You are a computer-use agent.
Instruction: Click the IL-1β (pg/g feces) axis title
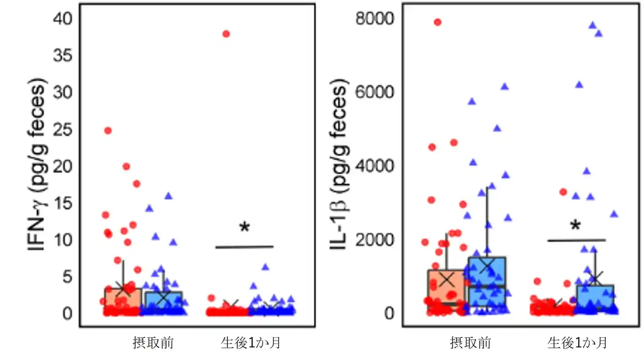tap(341, 166)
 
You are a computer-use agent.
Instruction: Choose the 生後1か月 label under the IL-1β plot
tap(577, 343)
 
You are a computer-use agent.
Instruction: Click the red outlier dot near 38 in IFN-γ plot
tap(226, 34)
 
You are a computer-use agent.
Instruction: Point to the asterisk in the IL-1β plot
tap(576, 226)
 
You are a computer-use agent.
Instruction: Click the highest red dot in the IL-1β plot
tap(438, 22)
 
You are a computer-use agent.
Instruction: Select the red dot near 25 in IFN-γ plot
tap(108, 130)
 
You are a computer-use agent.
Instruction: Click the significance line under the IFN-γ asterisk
tap(245, 247)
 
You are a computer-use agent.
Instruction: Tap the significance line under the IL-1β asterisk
tap(576, 240)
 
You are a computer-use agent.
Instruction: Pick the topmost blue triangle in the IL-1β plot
tap(593, 25)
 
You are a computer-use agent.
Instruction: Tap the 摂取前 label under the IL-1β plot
tap(470, 343)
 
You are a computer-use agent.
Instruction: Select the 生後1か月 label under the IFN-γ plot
tap(251, 343)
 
